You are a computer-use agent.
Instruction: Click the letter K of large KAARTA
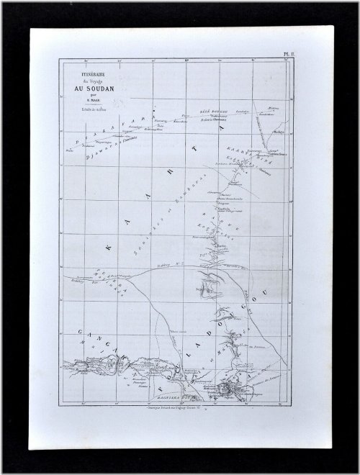[x=109, y=248]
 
